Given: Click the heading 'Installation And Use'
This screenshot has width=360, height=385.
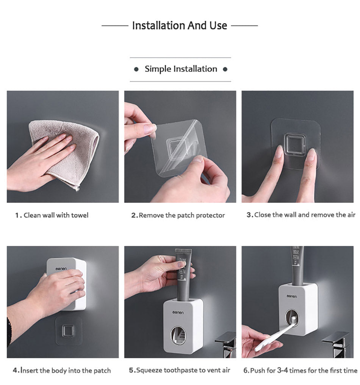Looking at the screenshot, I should click(x=180, y=26).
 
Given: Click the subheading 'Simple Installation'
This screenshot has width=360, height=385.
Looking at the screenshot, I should click(x=181, y=69).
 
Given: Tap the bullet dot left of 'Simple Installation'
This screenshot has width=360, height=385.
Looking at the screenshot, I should click(x=136, y=69).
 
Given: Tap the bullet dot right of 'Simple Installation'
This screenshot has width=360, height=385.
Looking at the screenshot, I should click(x=225, y=69).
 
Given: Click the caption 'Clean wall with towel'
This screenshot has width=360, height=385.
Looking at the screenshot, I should click(x=52, y=215).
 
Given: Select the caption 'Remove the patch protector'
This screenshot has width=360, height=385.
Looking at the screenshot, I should click(x=178, y=215).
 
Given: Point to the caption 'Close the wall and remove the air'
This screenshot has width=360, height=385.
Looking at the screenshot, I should click(x=301, y=215).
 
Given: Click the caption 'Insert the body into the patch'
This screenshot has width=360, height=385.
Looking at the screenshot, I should click(x=62, y=370).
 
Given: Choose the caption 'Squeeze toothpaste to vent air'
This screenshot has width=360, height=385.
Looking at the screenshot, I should click(x=179, y=370).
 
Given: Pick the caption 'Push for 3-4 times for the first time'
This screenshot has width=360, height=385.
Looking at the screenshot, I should click(x=300, y=370).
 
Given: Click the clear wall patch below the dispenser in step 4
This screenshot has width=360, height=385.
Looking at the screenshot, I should click(x=69, y=330).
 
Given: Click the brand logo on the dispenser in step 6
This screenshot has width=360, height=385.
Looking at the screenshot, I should click(x=293, y=296).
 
